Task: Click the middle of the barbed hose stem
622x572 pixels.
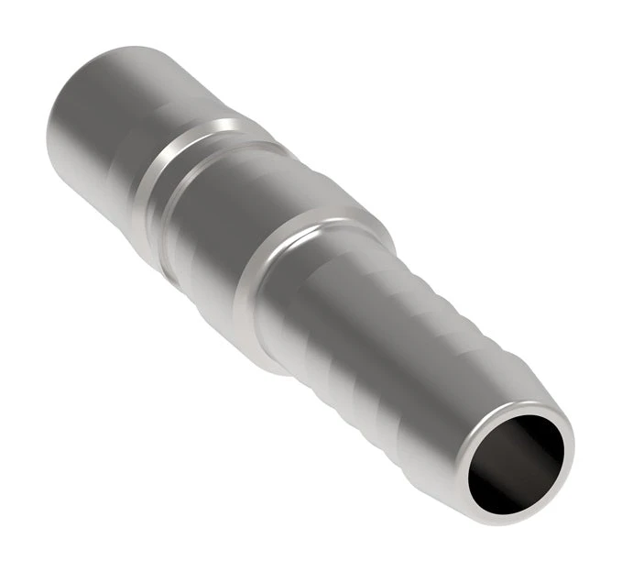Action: click(x=394, y=348)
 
